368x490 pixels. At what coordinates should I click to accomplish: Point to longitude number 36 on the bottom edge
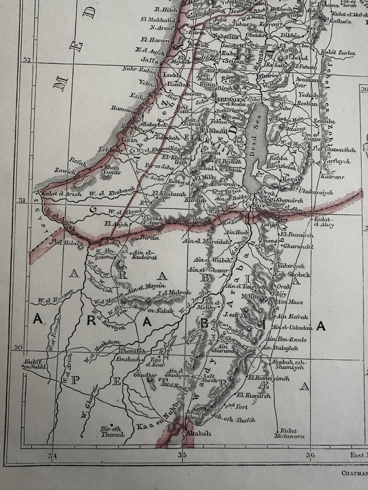click(x=310, y=455)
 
